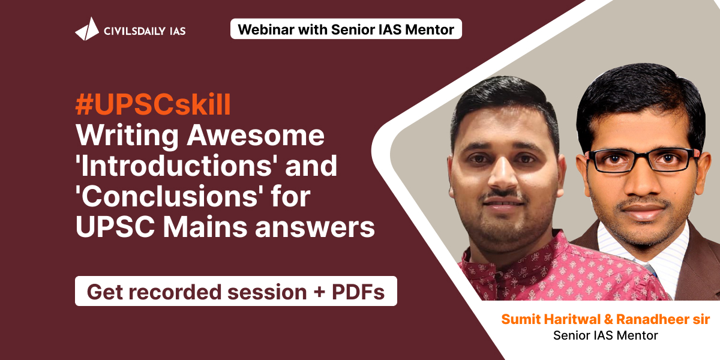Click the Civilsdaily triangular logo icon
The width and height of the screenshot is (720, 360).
[x=87, y=29]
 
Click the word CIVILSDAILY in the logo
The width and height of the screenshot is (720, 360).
[x=134, y=31]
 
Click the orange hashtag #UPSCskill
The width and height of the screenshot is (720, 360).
[x=153, y=104]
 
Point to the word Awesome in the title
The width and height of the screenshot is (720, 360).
[x=256, y=135]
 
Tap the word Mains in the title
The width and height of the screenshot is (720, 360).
[x=205, y=227]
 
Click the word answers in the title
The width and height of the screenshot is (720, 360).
[x=315, y=227]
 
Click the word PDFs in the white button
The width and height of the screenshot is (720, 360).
[x=358, y=292]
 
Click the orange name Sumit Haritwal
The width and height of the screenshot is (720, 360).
[x=551, y=319]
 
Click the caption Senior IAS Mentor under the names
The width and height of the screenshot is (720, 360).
[x=605, y=335]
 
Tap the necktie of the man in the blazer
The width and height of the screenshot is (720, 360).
[x=650, y=270]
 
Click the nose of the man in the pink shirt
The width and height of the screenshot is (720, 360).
[x=504, y=175]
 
